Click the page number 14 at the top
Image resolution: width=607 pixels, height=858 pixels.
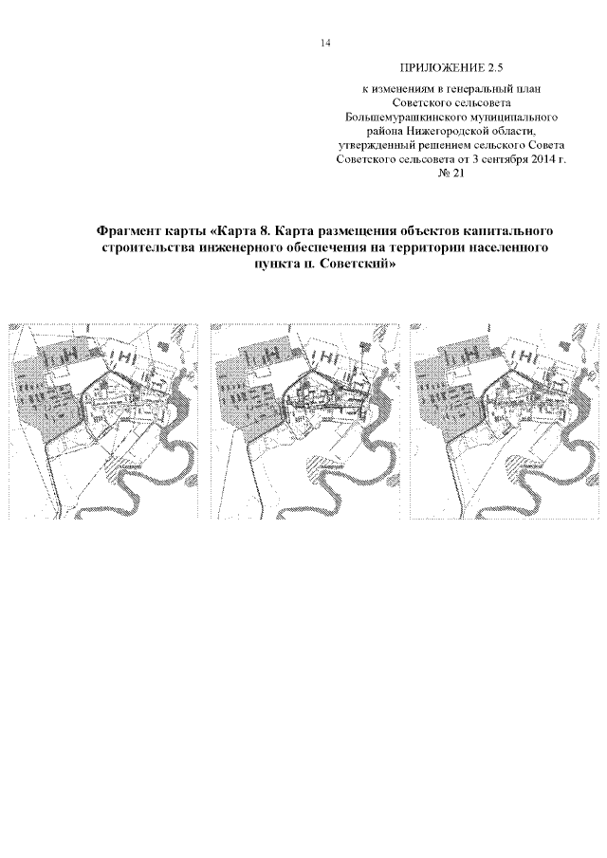click(x=325, y=43)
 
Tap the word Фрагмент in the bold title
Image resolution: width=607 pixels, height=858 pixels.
click(x=131, y=231)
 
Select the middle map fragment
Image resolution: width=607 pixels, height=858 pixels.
click(x=304, y=421)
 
